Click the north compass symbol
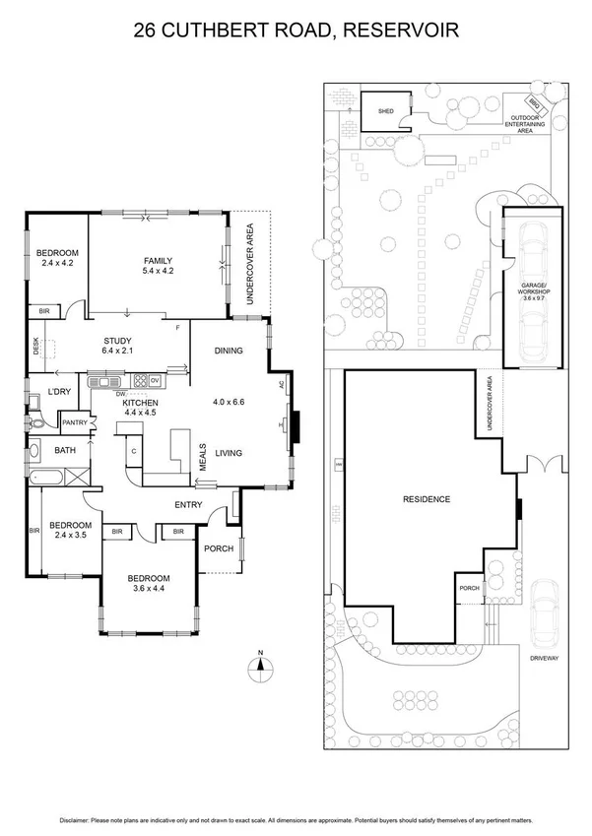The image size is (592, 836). coord(259,666)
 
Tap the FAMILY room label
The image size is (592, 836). coord(158,260)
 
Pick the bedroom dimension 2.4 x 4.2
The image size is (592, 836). coord(59,263)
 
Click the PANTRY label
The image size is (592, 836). coord(75,423)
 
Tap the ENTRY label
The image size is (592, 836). coord(188,505)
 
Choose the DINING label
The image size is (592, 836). coord(229,351)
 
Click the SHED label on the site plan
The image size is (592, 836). coord(385,112)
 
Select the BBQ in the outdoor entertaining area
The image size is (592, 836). coord(533,103)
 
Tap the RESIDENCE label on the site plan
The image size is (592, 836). coord(427,499)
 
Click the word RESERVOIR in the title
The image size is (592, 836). coord(406,32)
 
